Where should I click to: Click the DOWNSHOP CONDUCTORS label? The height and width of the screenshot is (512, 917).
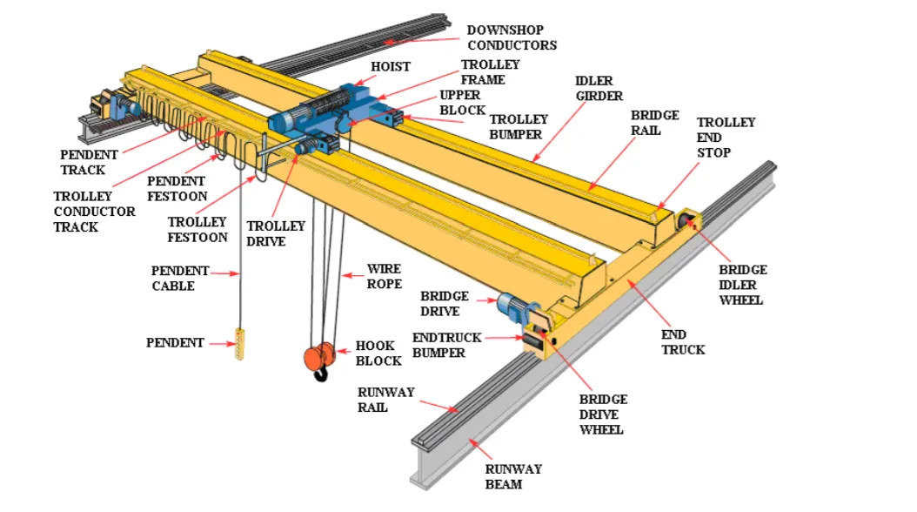(511, 37)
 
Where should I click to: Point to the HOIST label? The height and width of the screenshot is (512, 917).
(390, 66)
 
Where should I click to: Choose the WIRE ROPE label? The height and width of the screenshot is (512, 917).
(384, 277)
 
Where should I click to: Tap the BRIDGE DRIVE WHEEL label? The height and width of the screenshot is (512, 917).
(603, 414)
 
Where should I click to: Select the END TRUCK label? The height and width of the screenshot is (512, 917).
(683, 342)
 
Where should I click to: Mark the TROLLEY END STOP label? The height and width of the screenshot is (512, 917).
(726, 138)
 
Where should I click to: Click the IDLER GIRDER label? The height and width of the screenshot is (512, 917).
(599, 88)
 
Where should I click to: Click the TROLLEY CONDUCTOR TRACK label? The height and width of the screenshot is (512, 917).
(94, 212)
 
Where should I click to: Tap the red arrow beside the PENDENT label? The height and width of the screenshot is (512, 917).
(221, 343)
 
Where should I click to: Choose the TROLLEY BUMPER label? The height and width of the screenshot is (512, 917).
(519, 127)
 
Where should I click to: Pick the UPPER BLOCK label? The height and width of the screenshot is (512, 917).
(462, 104)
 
